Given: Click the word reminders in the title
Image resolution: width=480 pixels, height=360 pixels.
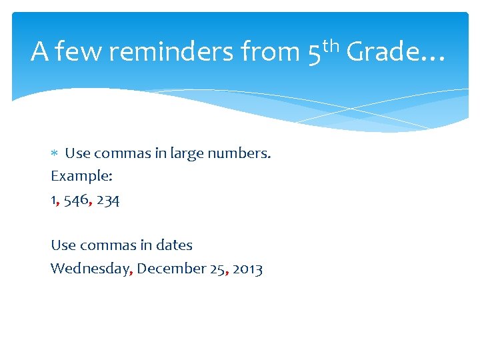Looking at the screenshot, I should coord(170,52).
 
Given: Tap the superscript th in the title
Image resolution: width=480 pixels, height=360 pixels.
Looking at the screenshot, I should coord(331,45).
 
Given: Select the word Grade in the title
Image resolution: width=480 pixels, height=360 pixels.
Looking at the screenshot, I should coord(383,52).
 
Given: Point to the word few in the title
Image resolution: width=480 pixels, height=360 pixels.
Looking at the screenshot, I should coord(79,52).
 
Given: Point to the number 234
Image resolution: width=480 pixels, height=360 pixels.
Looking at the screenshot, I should coord(108,199).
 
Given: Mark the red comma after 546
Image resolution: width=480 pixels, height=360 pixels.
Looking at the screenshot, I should coord(90,203).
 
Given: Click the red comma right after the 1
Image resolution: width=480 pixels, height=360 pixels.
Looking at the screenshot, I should coord(58,203).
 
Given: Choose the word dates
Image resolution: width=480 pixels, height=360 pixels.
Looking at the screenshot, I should coord(174,245).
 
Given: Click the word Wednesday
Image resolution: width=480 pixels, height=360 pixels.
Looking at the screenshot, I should coord(91,269).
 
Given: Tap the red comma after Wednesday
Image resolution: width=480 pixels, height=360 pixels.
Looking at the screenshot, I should coord(131,272).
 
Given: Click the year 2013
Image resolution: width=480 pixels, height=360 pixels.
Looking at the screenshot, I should coord(247,269).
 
